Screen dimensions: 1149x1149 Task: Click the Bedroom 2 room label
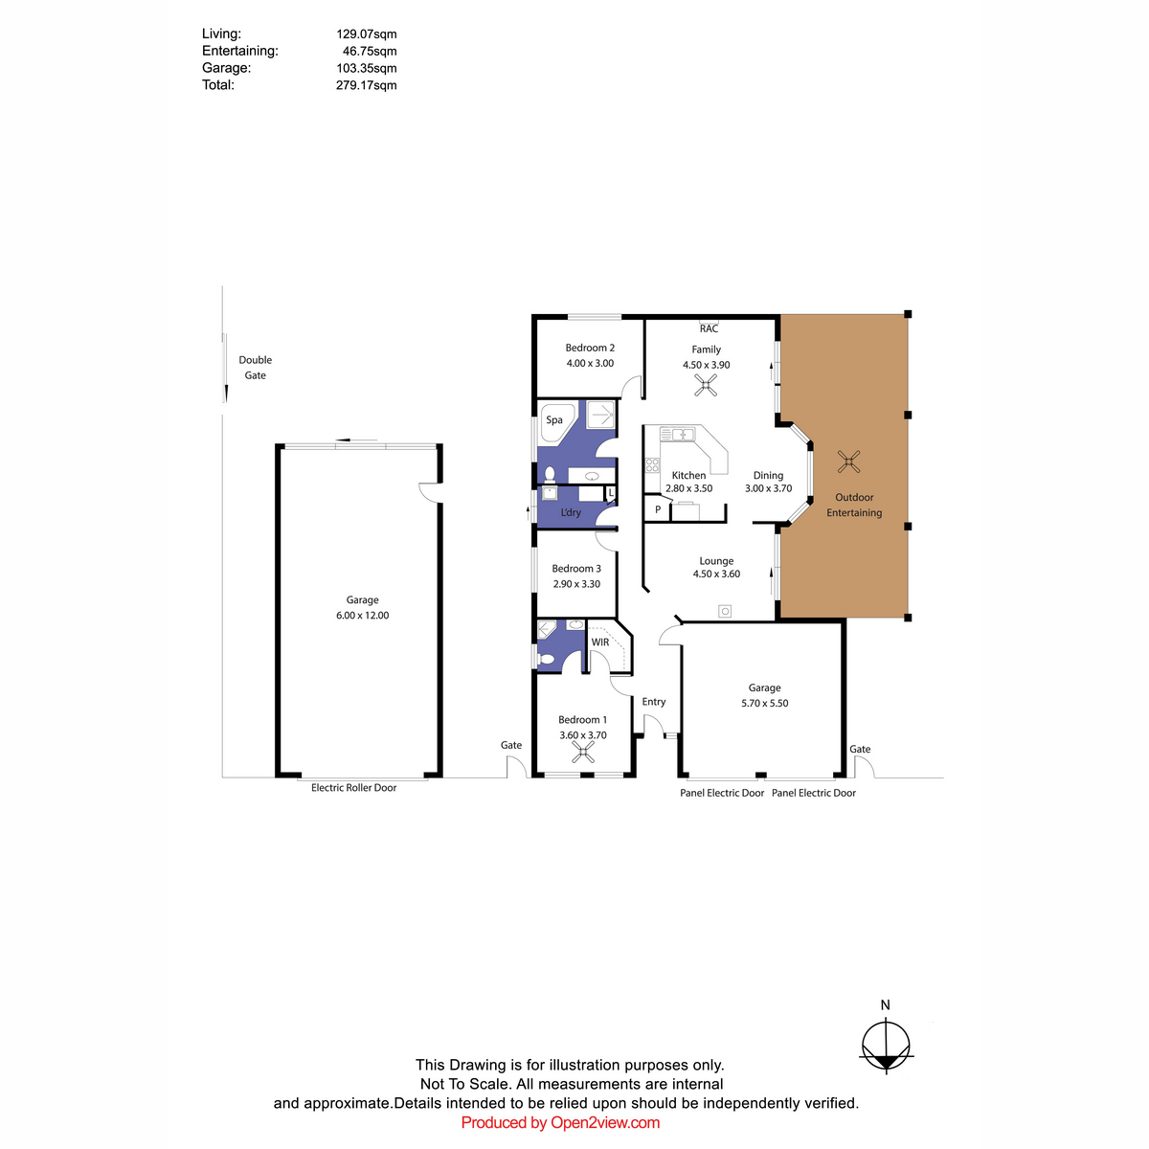pos(589,348)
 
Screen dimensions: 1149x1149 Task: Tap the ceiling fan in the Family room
pos(706,385)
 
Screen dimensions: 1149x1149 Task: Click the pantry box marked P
pos(657,508)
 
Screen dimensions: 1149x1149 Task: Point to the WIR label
pos(599,642)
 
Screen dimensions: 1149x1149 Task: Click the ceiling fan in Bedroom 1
pos(582,753)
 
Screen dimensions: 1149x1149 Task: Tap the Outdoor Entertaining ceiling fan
pos(848,462)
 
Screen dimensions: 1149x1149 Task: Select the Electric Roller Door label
pos(353,788)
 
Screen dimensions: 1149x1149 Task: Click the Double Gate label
pos(256,368)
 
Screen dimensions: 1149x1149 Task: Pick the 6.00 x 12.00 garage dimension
pos(362,616)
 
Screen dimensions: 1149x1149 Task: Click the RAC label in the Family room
pos(709,328)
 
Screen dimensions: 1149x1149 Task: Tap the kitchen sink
pos(677,434)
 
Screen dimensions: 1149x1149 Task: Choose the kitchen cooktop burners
pos(652,465)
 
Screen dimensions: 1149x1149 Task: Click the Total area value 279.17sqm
pos(366,85)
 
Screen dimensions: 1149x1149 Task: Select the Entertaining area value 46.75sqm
pos(369,52)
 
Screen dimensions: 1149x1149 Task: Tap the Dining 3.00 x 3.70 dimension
pos(768,488)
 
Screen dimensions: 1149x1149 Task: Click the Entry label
pos(654,702)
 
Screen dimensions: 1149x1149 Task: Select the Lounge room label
pos(716,561)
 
